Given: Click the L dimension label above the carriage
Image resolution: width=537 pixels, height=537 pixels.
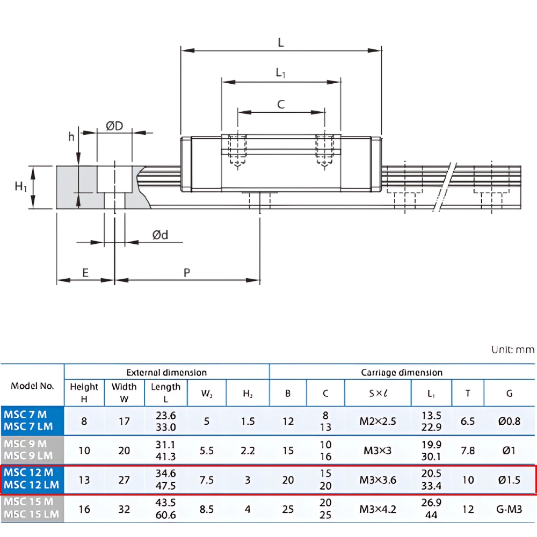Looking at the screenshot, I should [281, 43].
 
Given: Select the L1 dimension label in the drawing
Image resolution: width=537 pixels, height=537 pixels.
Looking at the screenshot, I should [281, 73].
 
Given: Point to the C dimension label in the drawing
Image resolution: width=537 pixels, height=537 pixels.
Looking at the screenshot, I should [281, 104].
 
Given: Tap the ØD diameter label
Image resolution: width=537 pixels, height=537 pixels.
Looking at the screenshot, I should [114, 126].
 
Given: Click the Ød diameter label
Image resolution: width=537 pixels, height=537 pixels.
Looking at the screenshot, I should [160, 235].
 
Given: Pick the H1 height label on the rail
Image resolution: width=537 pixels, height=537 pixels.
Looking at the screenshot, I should [21, 187].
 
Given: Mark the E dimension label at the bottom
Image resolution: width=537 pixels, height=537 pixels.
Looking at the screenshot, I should [85, 272].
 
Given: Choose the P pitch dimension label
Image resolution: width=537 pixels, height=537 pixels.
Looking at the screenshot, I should [187, 272].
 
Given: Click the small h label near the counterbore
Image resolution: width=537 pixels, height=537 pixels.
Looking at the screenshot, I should [71, 136].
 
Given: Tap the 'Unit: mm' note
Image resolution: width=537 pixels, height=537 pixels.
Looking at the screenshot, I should [513, 350].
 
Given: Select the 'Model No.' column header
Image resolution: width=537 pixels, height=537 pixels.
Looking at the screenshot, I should [32, 386].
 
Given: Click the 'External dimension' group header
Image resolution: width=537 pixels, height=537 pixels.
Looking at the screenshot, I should [166, 372].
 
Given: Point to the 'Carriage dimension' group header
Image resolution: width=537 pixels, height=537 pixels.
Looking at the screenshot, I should [402, 372].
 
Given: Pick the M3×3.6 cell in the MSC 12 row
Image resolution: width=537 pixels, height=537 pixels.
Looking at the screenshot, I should [378, 480].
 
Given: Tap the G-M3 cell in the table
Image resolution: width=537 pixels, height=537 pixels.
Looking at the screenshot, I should [509, 509].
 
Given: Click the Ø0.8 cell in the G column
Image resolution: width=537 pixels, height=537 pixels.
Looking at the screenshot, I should [509, 421].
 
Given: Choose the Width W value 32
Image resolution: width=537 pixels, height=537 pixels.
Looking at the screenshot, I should [124, 509].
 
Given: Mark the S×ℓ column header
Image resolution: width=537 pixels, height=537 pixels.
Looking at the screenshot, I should [378, 393].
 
